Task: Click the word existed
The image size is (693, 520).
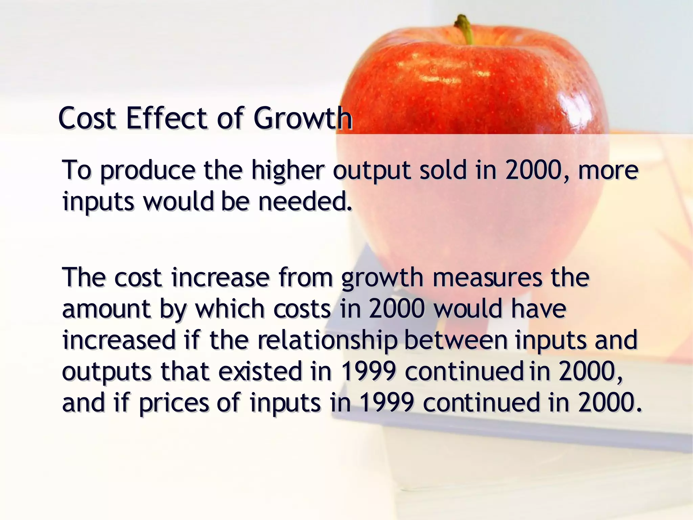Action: coord(260,371)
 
